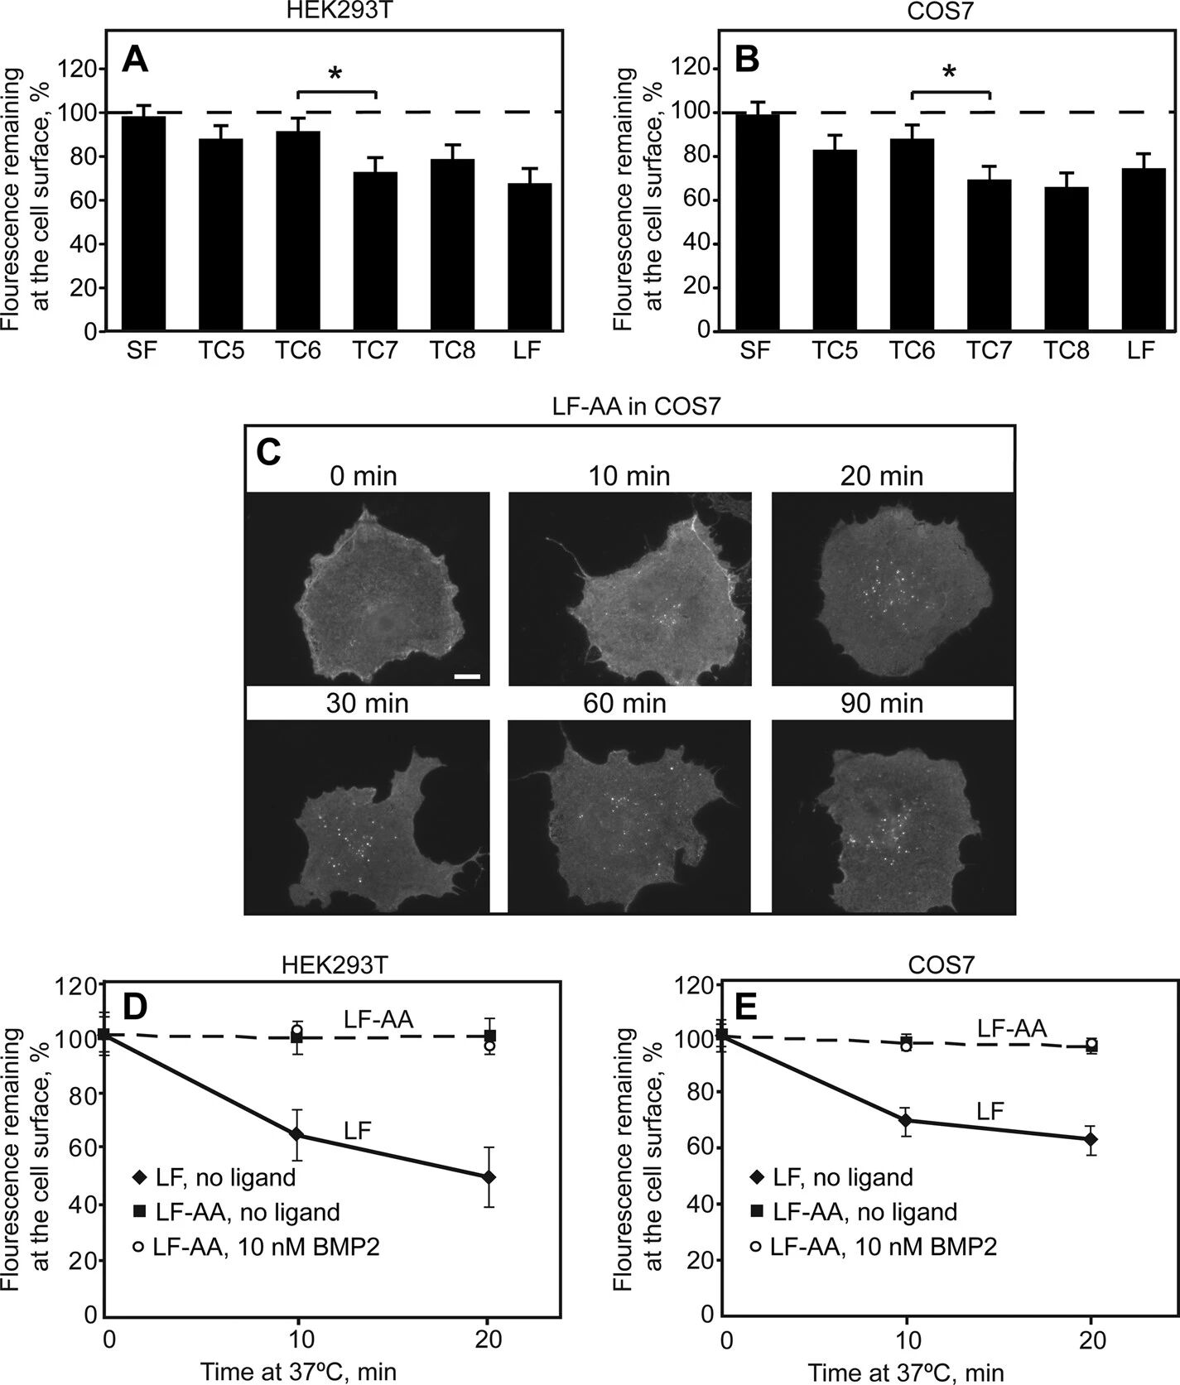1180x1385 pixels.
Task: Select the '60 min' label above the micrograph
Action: pos(629,703)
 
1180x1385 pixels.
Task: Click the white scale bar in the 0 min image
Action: pos(467,677)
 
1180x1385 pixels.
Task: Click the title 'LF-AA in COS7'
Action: pos(629,406)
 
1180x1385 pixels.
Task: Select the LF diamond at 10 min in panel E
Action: pos(907,1121)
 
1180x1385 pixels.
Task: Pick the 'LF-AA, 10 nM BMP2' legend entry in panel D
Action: pos(256,1247)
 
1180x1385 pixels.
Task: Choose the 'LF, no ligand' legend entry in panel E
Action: pos(831,1176)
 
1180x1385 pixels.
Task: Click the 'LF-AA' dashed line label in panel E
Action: pos(1012,1028)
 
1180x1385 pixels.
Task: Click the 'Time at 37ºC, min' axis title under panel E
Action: pos(906,1373)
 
